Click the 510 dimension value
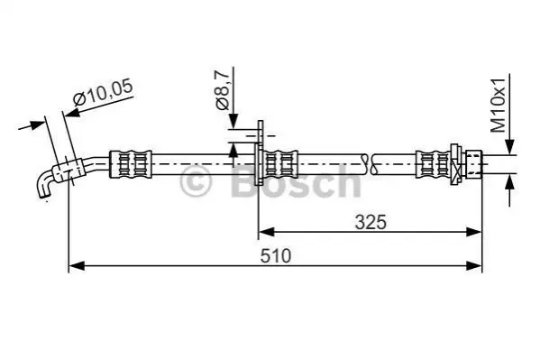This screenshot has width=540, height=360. [276, 256]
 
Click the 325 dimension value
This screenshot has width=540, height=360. [371, 222]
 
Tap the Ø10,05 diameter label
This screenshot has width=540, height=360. [103, 92]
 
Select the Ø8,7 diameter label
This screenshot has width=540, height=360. [222, 89]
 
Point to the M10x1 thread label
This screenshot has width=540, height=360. [498, 106]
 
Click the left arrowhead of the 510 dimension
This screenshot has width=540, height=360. [77, 266]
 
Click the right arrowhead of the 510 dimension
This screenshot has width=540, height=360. [474, 266]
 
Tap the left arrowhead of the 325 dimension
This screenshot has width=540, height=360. [266, 232]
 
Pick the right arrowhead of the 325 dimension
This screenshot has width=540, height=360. [473, 232]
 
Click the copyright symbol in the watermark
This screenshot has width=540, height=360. [196, 180]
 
